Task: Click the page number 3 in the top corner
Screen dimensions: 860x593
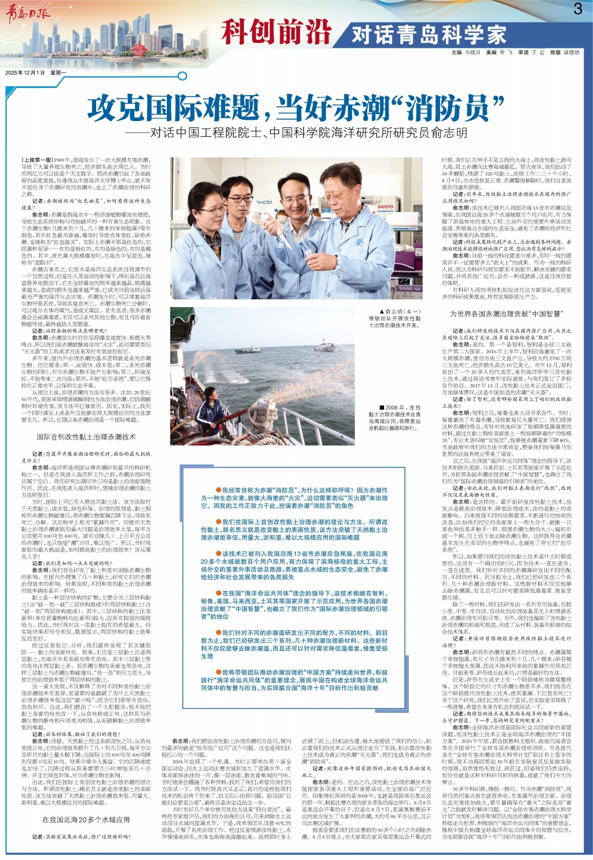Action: [x=578, y=9]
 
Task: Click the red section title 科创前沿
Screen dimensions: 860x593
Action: [x=276, y=31]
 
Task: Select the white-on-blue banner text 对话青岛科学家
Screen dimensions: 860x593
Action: [x=429, y=35]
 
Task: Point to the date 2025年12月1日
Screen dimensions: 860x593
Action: [x=25, y=73]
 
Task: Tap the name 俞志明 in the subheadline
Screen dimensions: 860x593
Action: [x=448, y=133]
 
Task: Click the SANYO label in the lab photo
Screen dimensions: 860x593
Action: [x=385, y=206]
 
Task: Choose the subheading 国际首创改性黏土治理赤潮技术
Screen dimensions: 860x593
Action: [x=86, y=437]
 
